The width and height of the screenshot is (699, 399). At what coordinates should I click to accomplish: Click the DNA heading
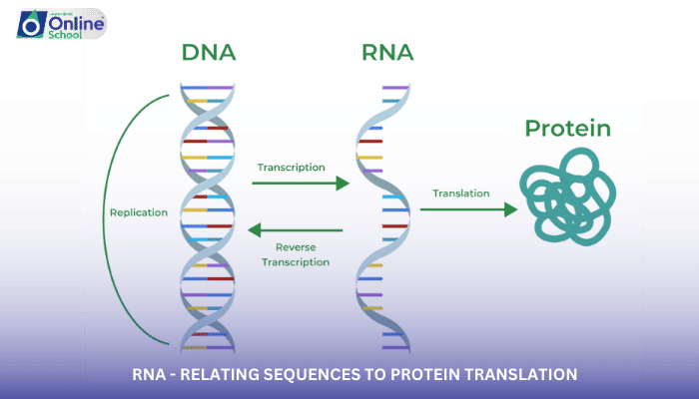(209, 53)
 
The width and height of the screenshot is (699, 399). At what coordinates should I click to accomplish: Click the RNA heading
(389, 53)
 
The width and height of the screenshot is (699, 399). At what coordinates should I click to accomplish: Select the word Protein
(567, 129)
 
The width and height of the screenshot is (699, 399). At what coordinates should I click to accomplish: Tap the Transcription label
(291, 167)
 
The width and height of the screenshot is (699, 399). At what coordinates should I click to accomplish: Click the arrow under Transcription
(300, 184)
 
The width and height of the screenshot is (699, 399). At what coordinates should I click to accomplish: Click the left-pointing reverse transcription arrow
(295, 230)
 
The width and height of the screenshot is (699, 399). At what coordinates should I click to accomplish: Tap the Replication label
(139, 212)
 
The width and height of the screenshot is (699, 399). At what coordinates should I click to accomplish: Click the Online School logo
(60, 24)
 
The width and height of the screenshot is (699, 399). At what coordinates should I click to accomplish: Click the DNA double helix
(209, 214)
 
